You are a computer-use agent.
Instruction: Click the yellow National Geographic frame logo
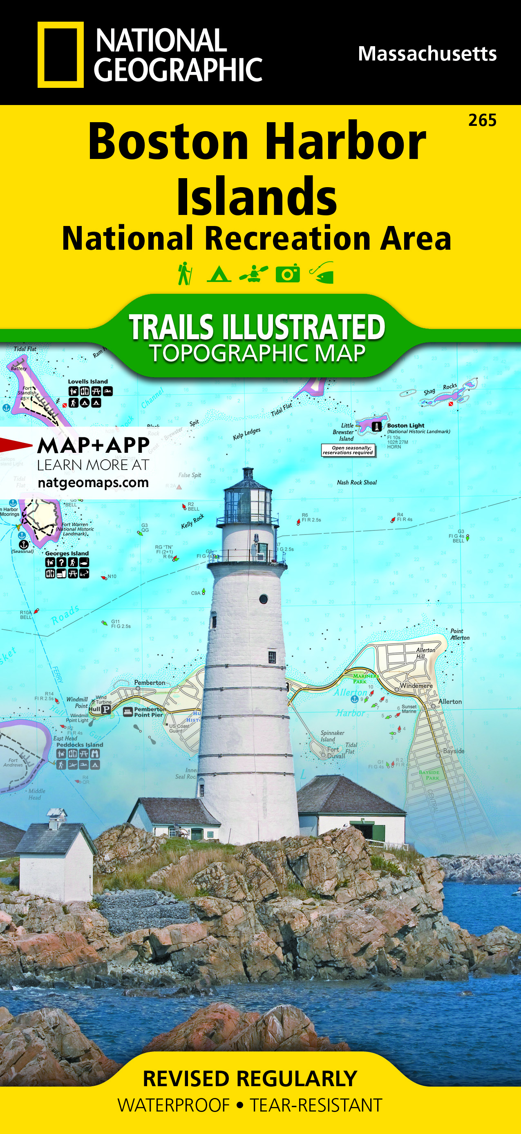tap(60, 55)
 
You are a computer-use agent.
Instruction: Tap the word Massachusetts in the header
tap(427, 54)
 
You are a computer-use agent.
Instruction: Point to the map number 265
tap(482, 120)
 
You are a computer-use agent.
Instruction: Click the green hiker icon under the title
tap(185, 273)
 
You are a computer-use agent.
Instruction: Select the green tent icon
tap(219, 274)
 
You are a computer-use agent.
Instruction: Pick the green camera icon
tap(288, 274)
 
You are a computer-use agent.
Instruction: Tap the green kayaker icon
tap(253, 274)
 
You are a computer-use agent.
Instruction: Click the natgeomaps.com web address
tap(93, 483)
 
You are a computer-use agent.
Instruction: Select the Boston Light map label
tap(405, 426)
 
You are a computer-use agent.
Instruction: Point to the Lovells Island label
tap(87, 382)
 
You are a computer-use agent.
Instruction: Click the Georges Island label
tap(67, 553)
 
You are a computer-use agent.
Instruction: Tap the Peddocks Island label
tap(80, 745)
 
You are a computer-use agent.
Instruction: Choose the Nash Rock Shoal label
tap(356, 483)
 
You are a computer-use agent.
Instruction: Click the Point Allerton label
tap(459, 634)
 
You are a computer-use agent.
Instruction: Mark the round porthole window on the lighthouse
tap(264, 599)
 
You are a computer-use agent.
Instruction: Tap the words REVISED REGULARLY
tap(250, 1078)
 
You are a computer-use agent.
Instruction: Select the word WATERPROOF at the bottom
tap(173, 1105)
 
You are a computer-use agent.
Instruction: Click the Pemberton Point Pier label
tap(150, 712)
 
